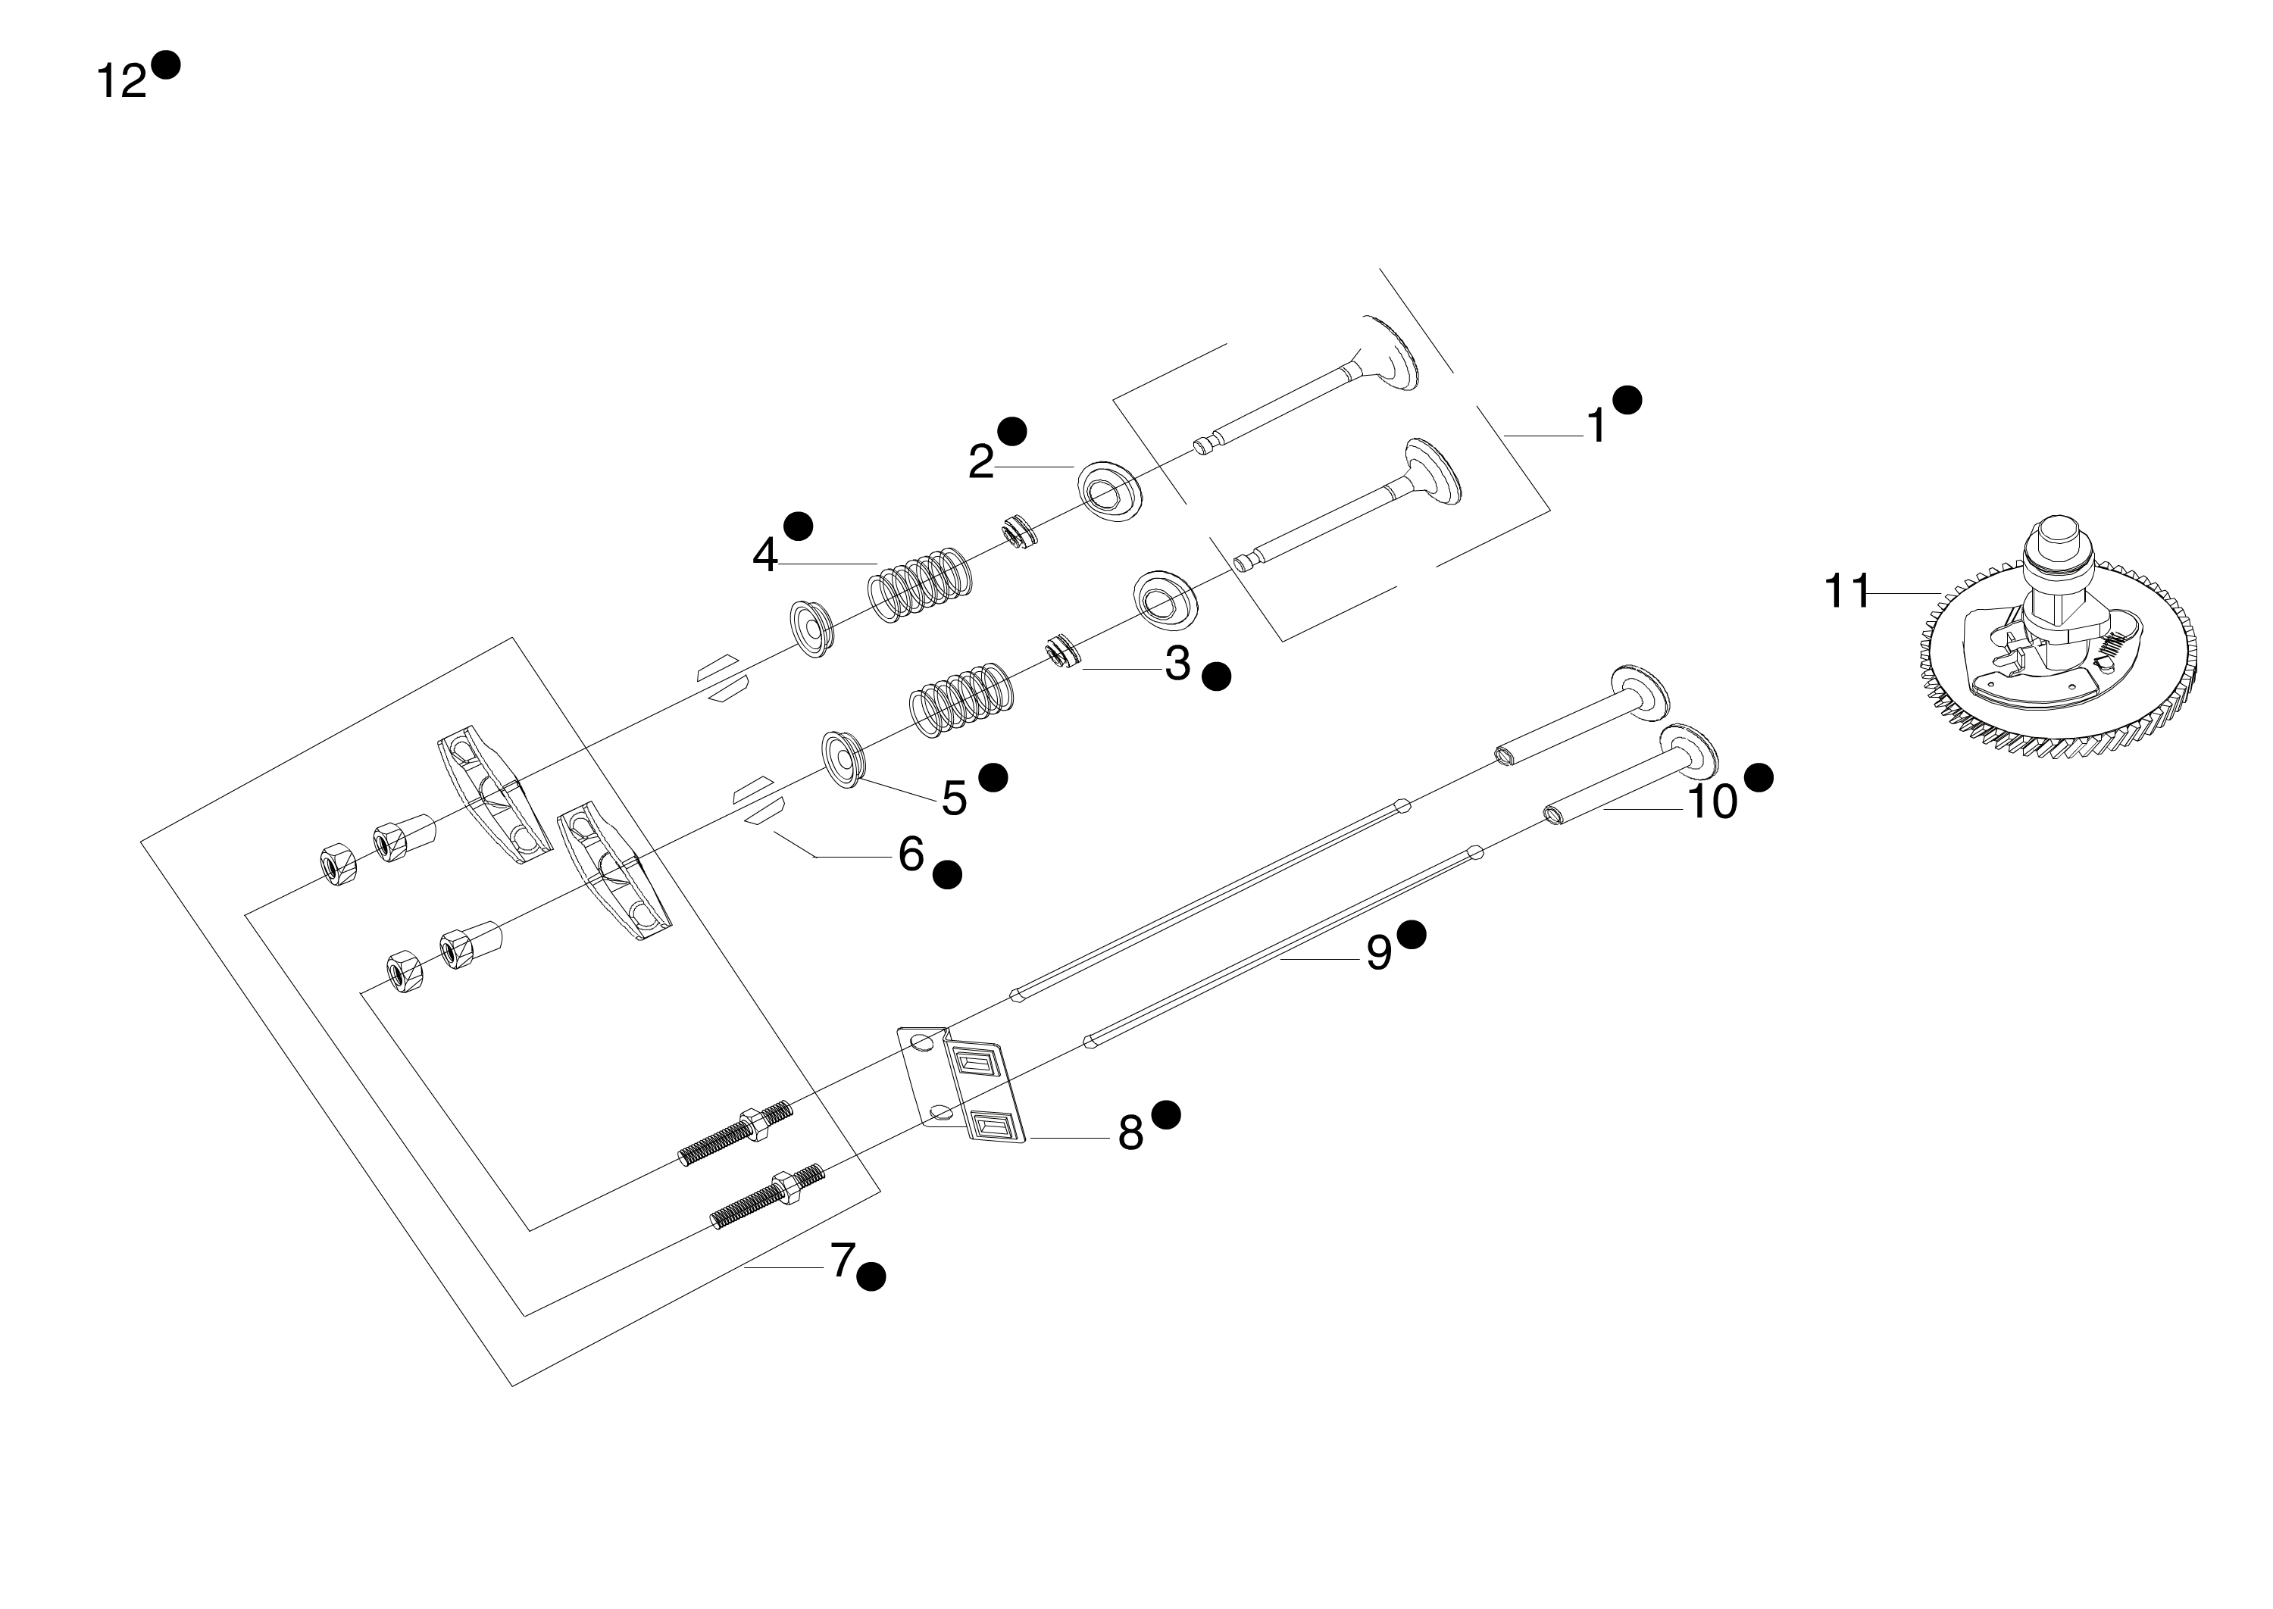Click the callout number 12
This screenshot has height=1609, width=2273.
pos(121,80)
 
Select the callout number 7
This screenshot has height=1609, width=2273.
pos(843,1261)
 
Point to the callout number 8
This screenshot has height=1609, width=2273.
pos(1130,1133)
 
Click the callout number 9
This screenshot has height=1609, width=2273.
pos(1378,953)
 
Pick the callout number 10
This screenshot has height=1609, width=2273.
pos(1712,801)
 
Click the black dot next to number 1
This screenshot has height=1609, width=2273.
pos(1627,400)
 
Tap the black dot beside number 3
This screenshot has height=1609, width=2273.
pos(1216,676)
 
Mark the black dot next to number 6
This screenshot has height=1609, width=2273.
pos(947,875)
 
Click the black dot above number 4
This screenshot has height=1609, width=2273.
pos(798,526)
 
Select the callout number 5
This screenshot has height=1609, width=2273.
pos(954,798)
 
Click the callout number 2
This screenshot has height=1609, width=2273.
pos(981,461)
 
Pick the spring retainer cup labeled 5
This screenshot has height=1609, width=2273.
pos(843,759)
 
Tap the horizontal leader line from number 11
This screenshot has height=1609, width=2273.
pos(1905,592)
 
